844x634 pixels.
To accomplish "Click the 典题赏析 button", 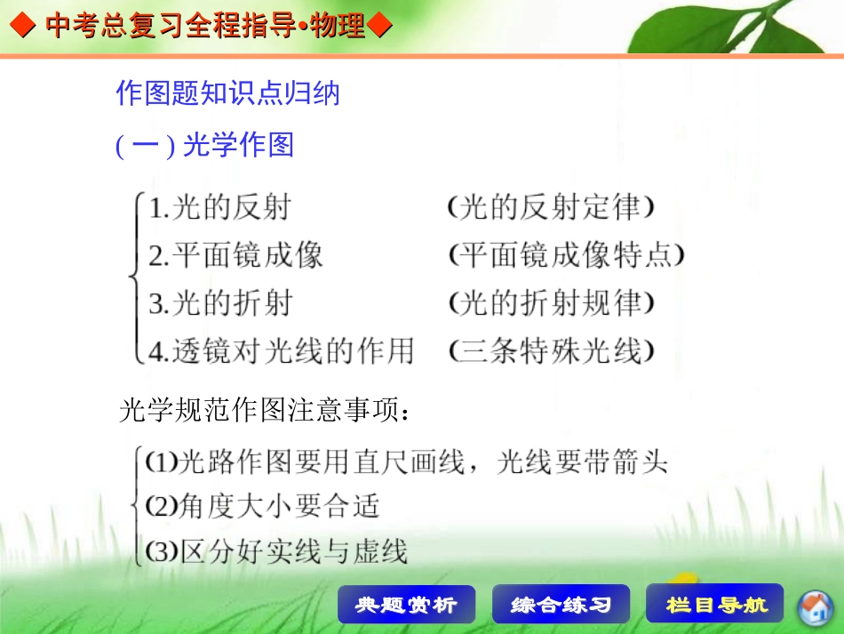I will coord(406,605).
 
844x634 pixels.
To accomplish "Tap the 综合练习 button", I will coord(561,605).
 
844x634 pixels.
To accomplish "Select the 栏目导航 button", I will coord(715,605).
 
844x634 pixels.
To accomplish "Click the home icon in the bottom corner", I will coord(814,607).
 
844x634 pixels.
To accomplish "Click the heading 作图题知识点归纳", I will coord(227,92).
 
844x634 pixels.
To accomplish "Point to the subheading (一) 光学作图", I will coord(204,145).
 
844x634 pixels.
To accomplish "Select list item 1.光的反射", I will coord(219,208).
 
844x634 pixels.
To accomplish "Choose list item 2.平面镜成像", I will coord(235,256).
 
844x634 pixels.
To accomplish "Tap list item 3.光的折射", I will coord(219,303).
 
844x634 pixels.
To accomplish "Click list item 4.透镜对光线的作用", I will coord(281,351).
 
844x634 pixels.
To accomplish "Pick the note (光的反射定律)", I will coord(552,208).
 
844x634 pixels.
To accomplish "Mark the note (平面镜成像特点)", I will coord(567,256).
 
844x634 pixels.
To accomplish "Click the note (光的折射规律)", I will coord(552,303).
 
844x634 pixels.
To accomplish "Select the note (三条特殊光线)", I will coord(552,351).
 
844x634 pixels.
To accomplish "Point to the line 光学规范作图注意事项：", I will coord(265,411).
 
